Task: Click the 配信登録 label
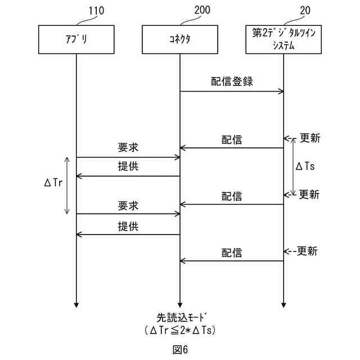(x=232, y=82)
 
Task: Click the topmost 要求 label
(x=128, y=148)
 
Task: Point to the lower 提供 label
(x=128, y=226)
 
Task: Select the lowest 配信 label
(x=232, y=253)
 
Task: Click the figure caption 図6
(x=180, y=349)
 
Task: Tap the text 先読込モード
(x=180, y=317)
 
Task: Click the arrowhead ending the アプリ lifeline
(x=76, y=305)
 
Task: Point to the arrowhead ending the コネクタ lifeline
(x=180, y=305)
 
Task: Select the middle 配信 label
(x=232, y=196)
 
